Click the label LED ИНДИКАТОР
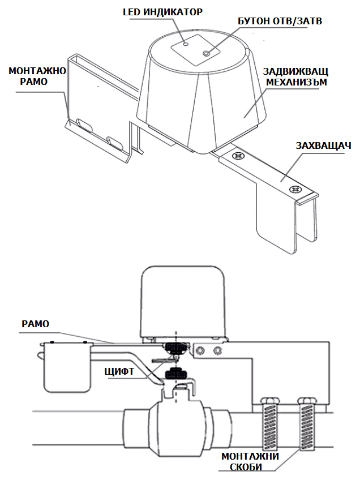(162, 11)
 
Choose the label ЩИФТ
(119, 371)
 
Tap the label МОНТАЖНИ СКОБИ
(250, 462)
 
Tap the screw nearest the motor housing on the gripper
(238, 155)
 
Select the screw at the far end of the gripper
(294, 188)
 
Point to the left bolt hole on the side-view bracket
(201, 351)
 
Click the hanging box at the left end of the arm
(67, 368)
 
